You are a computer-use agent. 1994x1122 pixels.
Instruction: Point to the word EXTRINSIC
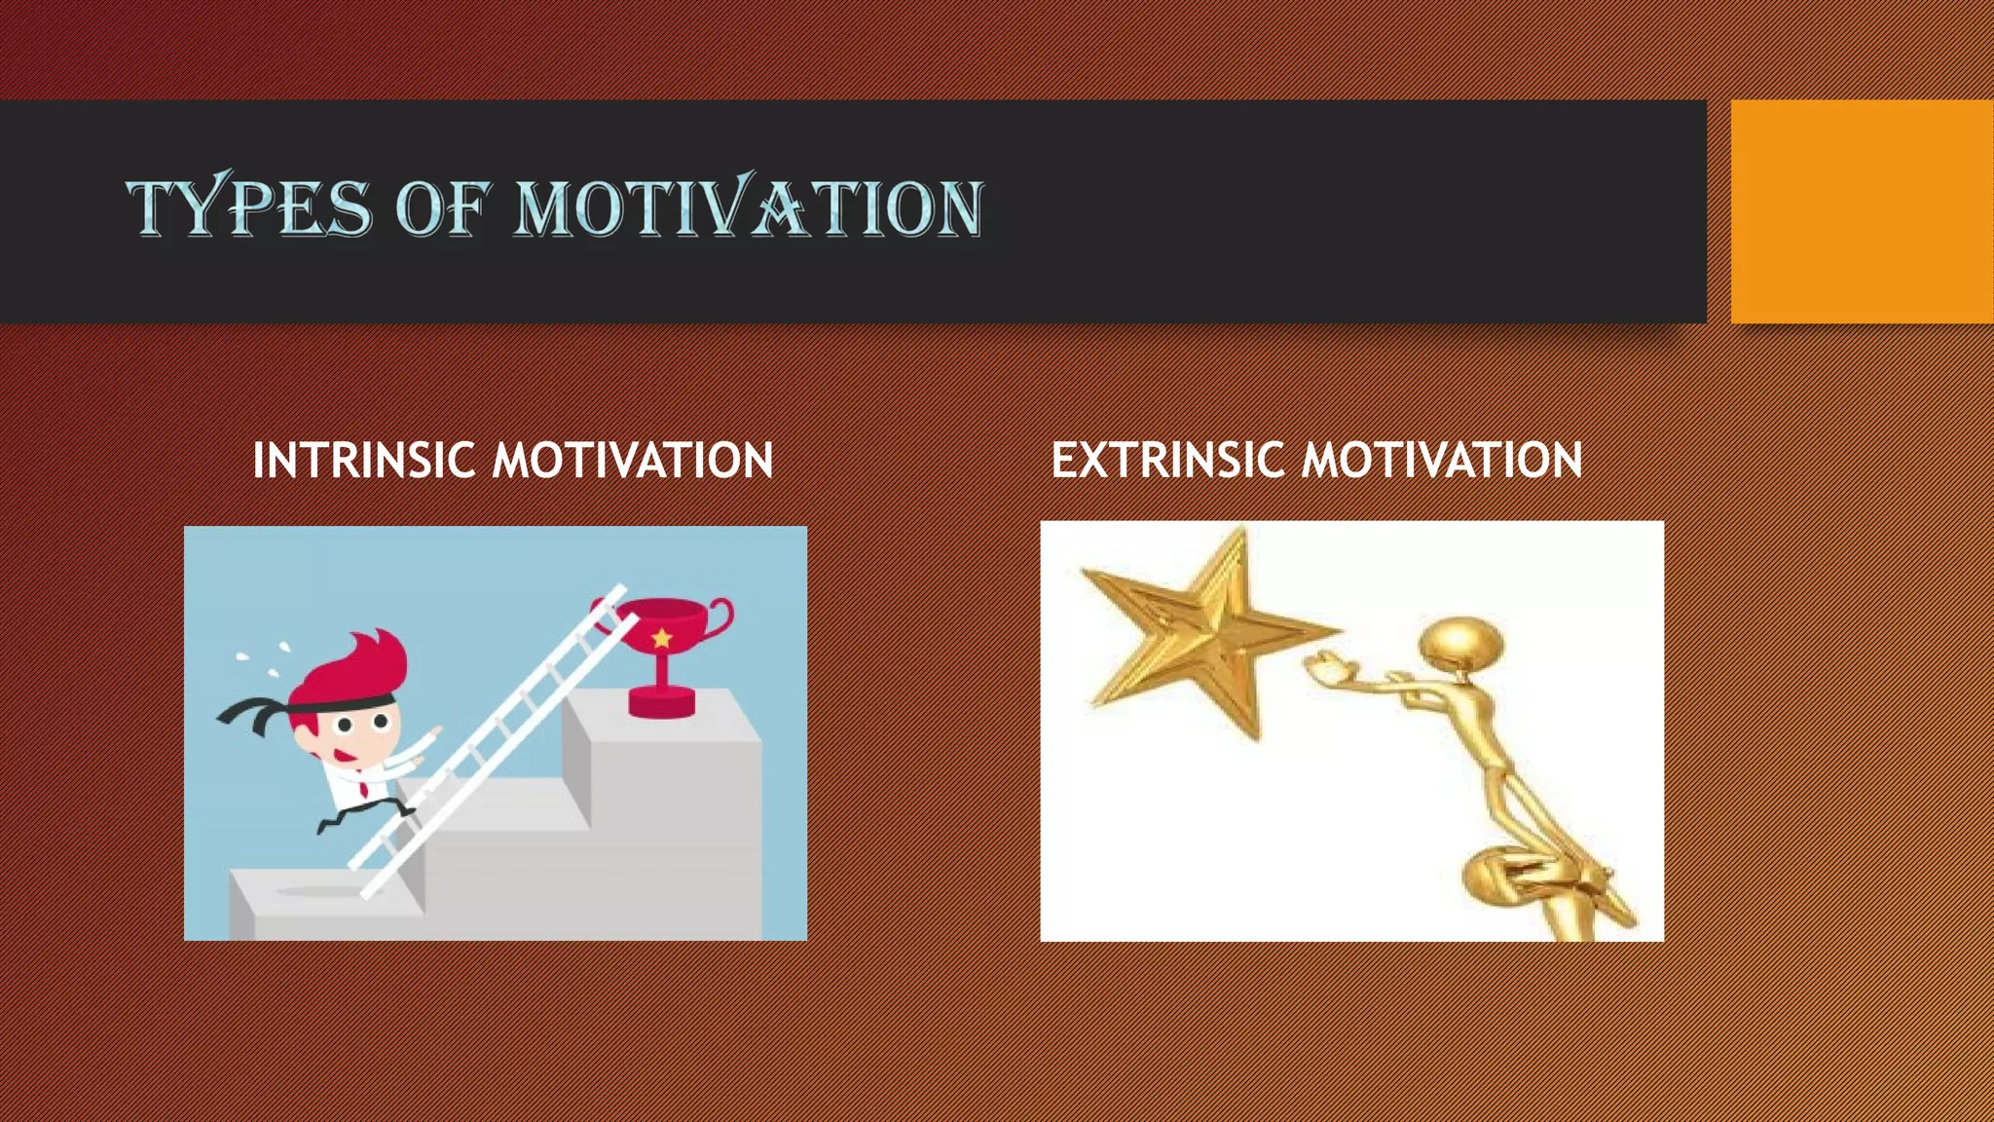pyautogui.click(x=1166, y=460)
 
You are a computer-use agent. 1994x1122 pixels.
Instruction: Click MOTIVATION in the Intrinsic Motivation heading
pyautogui.click(x=633, y=460)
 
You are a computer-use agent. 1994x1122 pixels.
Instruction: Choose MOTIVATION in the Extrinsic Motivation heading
pyautogui.click(x=1443, y=460)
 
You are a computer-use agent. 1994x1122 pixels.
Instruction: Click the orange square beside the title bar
pyautogui.click(x=1862, y=210)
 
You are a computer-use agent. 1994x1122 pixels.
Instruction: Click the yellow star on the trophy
pyautogui.click(x=662, y=639)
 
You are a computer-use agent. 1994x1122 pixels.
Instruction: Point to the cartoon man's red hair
pyautogui.click(x=365, y=662)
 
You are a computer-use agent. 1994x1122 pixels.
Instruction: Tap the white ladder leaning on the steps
pyautogui.click(x=497, y=740)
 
